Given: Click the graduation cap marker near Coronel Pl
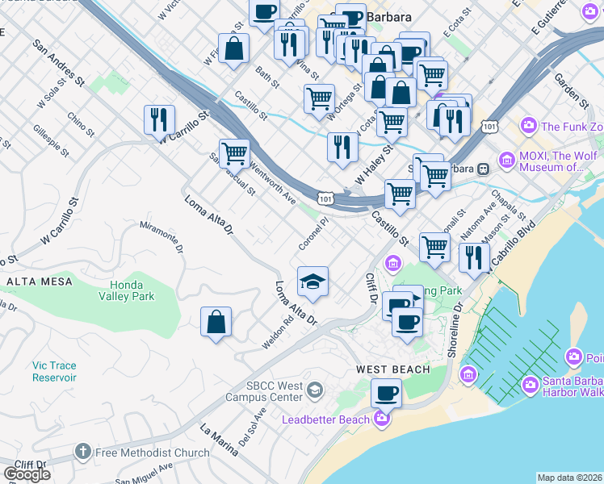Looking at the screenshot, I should [312, 282].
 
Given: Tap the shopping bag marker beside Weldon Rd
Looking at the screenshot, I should [216, 322].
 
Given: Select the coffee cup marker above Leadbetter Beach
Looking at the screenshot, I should [387, 394].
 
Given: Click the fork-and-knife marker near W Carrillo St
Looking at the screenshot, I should [160, 120].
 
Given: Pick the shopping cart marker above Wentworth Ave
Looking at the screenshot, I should [234, 152].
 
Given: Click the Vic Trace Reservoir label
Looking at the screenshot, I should [55, 371].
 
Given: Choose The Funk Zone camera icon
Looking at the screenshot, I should [529, 126].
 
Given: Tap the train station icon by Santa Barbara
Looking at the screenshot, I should [483, 169].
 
